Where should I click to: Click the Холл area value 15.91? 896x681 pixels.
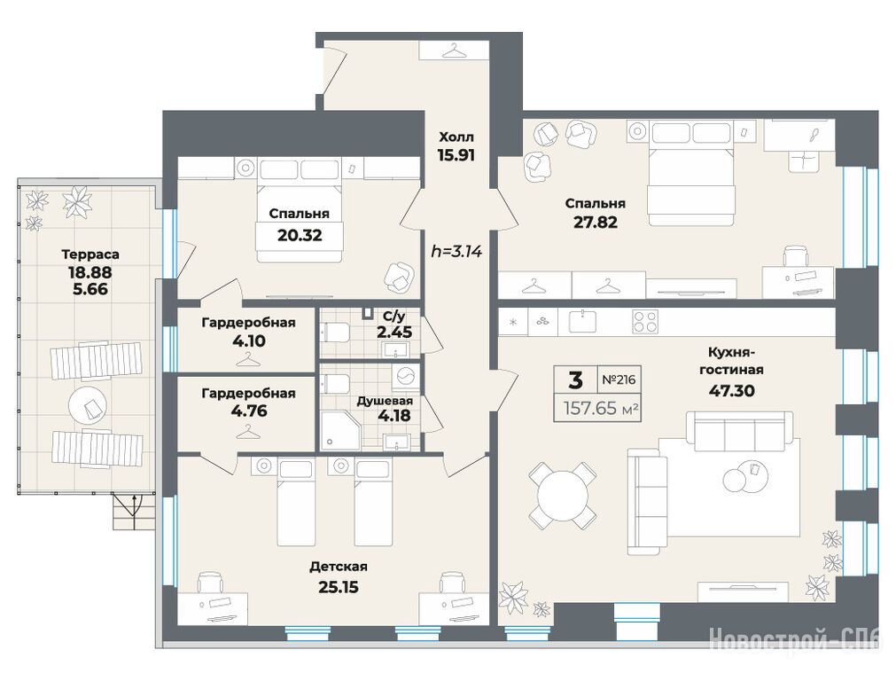(x=456, y=155)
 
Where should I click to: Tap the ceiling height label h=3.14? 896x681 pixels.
(x=456, y=251)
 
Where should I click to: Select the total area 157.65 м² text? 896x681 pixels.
(x=601, y=408)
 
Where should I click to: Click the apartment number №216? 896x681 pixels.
(x=619, y=380)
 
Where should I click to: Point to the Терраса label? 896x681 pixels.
(x=90, y=254)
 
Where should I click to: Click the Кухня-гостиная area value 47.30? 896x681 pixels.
(x=731, y=391)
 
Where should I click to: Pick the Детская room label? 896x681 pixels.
(x=339, y=567)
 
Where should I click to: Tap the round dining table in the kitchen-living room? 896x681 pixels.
(x=562, y=495)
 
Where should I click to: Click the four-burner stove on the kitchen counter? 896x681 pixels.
(x=645, y=322)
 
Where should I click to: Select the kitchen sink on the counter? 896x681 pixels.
(x=581, y=322)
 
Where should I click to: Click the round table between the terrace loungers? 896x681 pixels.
(x=88, y=406)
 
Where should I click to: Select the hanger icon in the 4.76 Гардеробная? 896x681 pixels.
(x=247, y=432)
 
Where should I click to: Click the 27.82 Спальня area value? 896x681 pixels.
(x=595, y=222)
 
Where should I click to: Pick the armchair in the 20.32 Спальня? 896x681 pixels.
(x=398, y=276)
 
